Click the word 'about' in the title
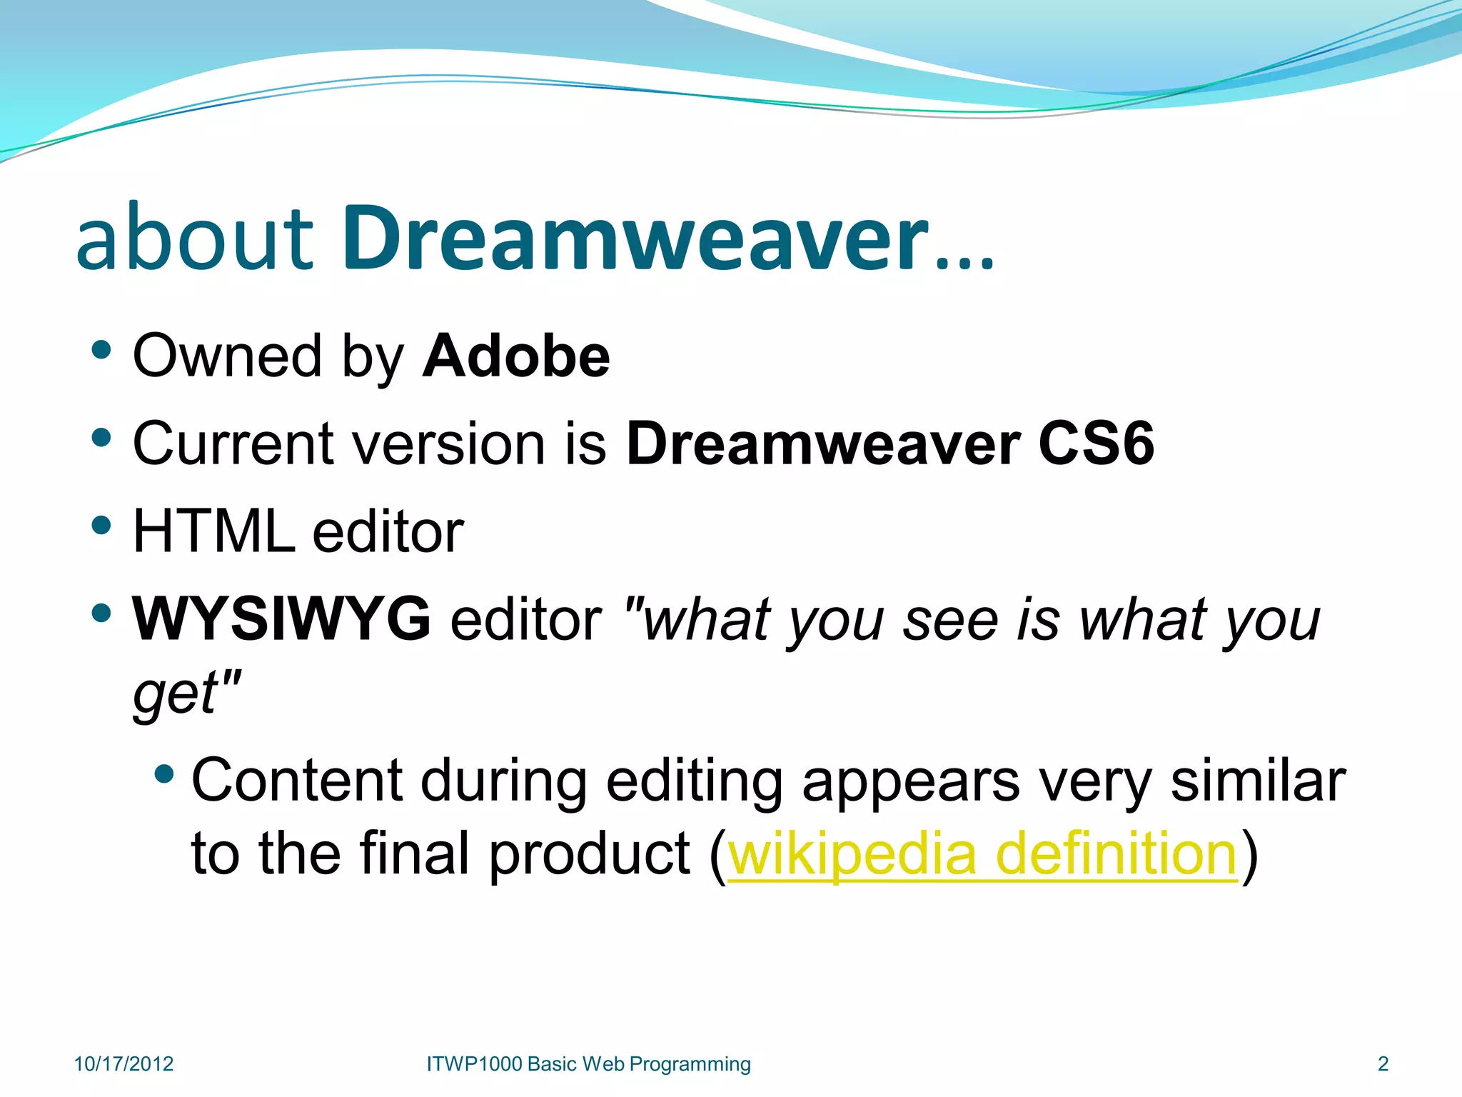(x=194, y=239)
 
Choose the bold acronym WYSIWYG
(x=282, y=618)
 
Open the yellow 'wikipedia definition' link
(x=982, y=853)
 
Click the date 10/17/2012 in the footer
(x=123, y=1064)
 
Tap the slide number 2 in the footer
(x=1383, y=1064)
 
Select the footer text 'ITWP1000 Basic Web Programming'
(x=588, y=1064)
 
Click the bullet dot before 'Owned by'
(x=102, y=350)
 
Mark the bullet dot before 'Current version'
(x=102, y=437)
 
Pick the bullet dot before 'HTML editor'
(x=102, y=526)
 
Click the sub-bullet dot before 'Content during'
(x=164, y=773)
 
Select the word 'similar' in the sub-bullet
(x=1258, y=781)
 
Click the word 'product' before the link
(x=590, y=855)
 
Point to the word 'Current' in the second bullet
(x=232, y=444)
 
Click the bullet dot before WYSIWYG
(x=102, y=613)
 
